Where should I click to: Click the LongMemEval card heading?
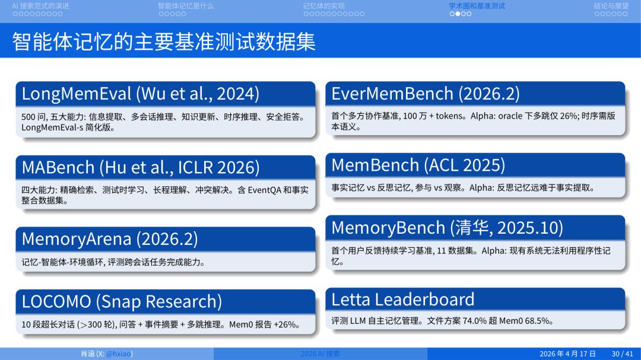[141, 94]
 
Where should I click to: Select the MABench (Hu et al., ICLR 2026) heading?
[141, 167]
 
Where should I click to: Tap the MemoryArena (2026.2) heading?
[110, 238]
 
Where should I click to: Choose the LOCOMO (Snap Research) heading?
[122, 301]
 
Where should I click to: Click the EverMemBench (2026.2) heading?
[426, 94]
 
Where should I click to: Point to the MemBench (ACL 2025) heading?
[418, 164]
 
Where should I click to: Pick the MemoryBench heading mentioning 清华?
[448, 227]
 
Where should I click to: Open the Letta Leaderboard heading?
[403, 299]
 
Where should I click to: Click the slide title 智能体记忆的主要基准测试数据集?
[164, 41]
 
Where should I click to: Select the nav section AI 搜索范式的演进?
[40, 6]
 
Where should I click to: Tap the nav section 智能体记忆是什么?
[185, 6]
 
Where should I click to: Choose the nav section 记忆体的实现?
[323, 6]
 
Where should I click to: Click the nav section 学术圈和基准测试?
[477, 6]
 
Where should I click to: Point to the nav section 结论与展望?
[611, 6]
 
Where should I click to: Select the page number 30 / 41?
[623, 354]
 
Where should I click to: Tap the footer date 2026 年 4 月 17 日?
[567, 354]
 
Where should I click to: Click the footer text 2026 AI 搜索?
[320, 354]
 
